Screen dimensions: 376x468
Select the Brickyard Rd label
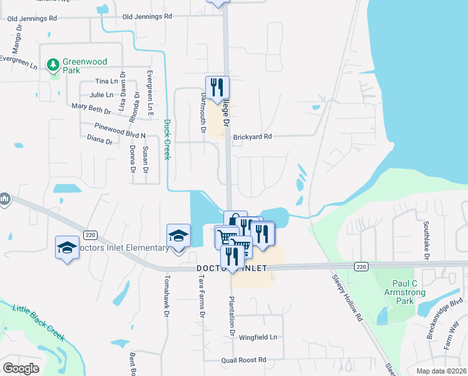pos(252,136)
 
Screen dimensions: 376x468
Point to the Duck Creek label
pos(167,139)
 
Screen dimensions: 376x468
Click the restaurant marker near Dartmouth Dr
pos(217,87)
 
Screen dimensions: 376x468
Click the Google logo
pos(21,368)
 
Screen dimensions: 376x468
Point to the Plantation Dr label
pos(231,316)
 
